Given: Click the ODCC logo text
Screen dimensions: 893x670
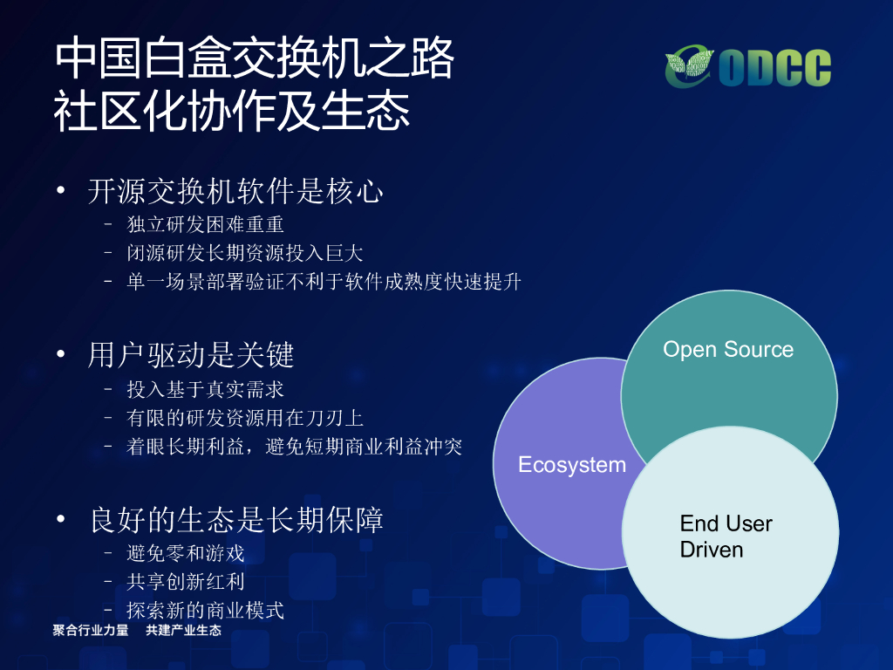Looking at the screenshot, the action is coord(774,68).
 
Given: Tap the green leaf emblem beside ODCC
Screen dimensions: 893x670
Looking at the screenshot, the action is coord(689,66).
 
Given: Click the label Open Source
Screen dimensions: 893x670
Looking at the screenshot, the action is coord(728,349).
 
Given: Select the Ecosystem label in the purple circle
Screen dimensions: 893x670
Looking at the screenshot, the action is coord(572,465).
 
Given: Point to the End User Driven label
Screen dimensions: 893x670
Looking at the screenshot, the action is coord(726,537).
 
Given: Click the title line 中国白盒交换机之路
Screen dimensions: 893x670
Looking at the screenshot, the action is coord(254,58).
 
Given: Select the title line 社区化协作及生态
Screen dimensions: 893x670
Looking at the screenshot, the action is coord(232,111).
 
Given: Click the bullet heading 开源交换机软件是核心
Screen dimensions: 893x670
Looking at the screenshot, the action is coord(235,191).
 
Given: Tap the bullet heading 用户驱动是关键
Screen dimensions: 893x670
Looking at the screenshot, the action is coord(191,355).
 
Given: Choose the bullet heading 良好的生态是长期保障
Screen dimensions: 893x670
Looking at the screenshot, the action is coord(236,520).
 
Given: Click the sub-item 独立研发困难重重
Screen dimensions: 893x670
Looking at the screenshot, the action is coord(205,224).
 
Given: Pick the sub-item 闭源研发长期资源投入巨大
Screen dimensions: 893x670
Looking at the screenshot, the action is coord(244,253).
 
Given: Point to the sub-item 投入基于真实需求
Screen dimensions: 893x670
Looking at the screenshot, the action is coord(205,390).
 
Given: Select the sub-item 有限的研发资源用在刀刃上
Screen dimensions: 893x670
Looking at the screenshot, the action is coord(245,418).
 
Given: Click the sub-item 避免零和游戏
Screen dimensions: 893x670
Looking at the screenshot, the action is coord(186,553).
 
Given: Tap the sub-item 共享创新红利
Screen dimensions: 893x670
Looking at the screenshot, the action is coord(186,582).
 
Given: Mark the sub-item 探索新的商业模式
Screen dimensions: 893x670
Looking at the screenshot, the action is coord(205,610).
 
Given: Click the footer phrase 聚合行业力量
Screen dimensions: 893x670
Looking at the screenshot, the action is coord(91,630).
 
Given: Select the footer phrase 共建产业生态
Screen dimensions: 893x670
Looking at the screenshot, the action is coord(183,630).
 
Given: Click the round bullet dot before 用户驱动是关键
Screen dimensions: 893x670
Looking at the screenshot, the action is coord(61,354).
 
